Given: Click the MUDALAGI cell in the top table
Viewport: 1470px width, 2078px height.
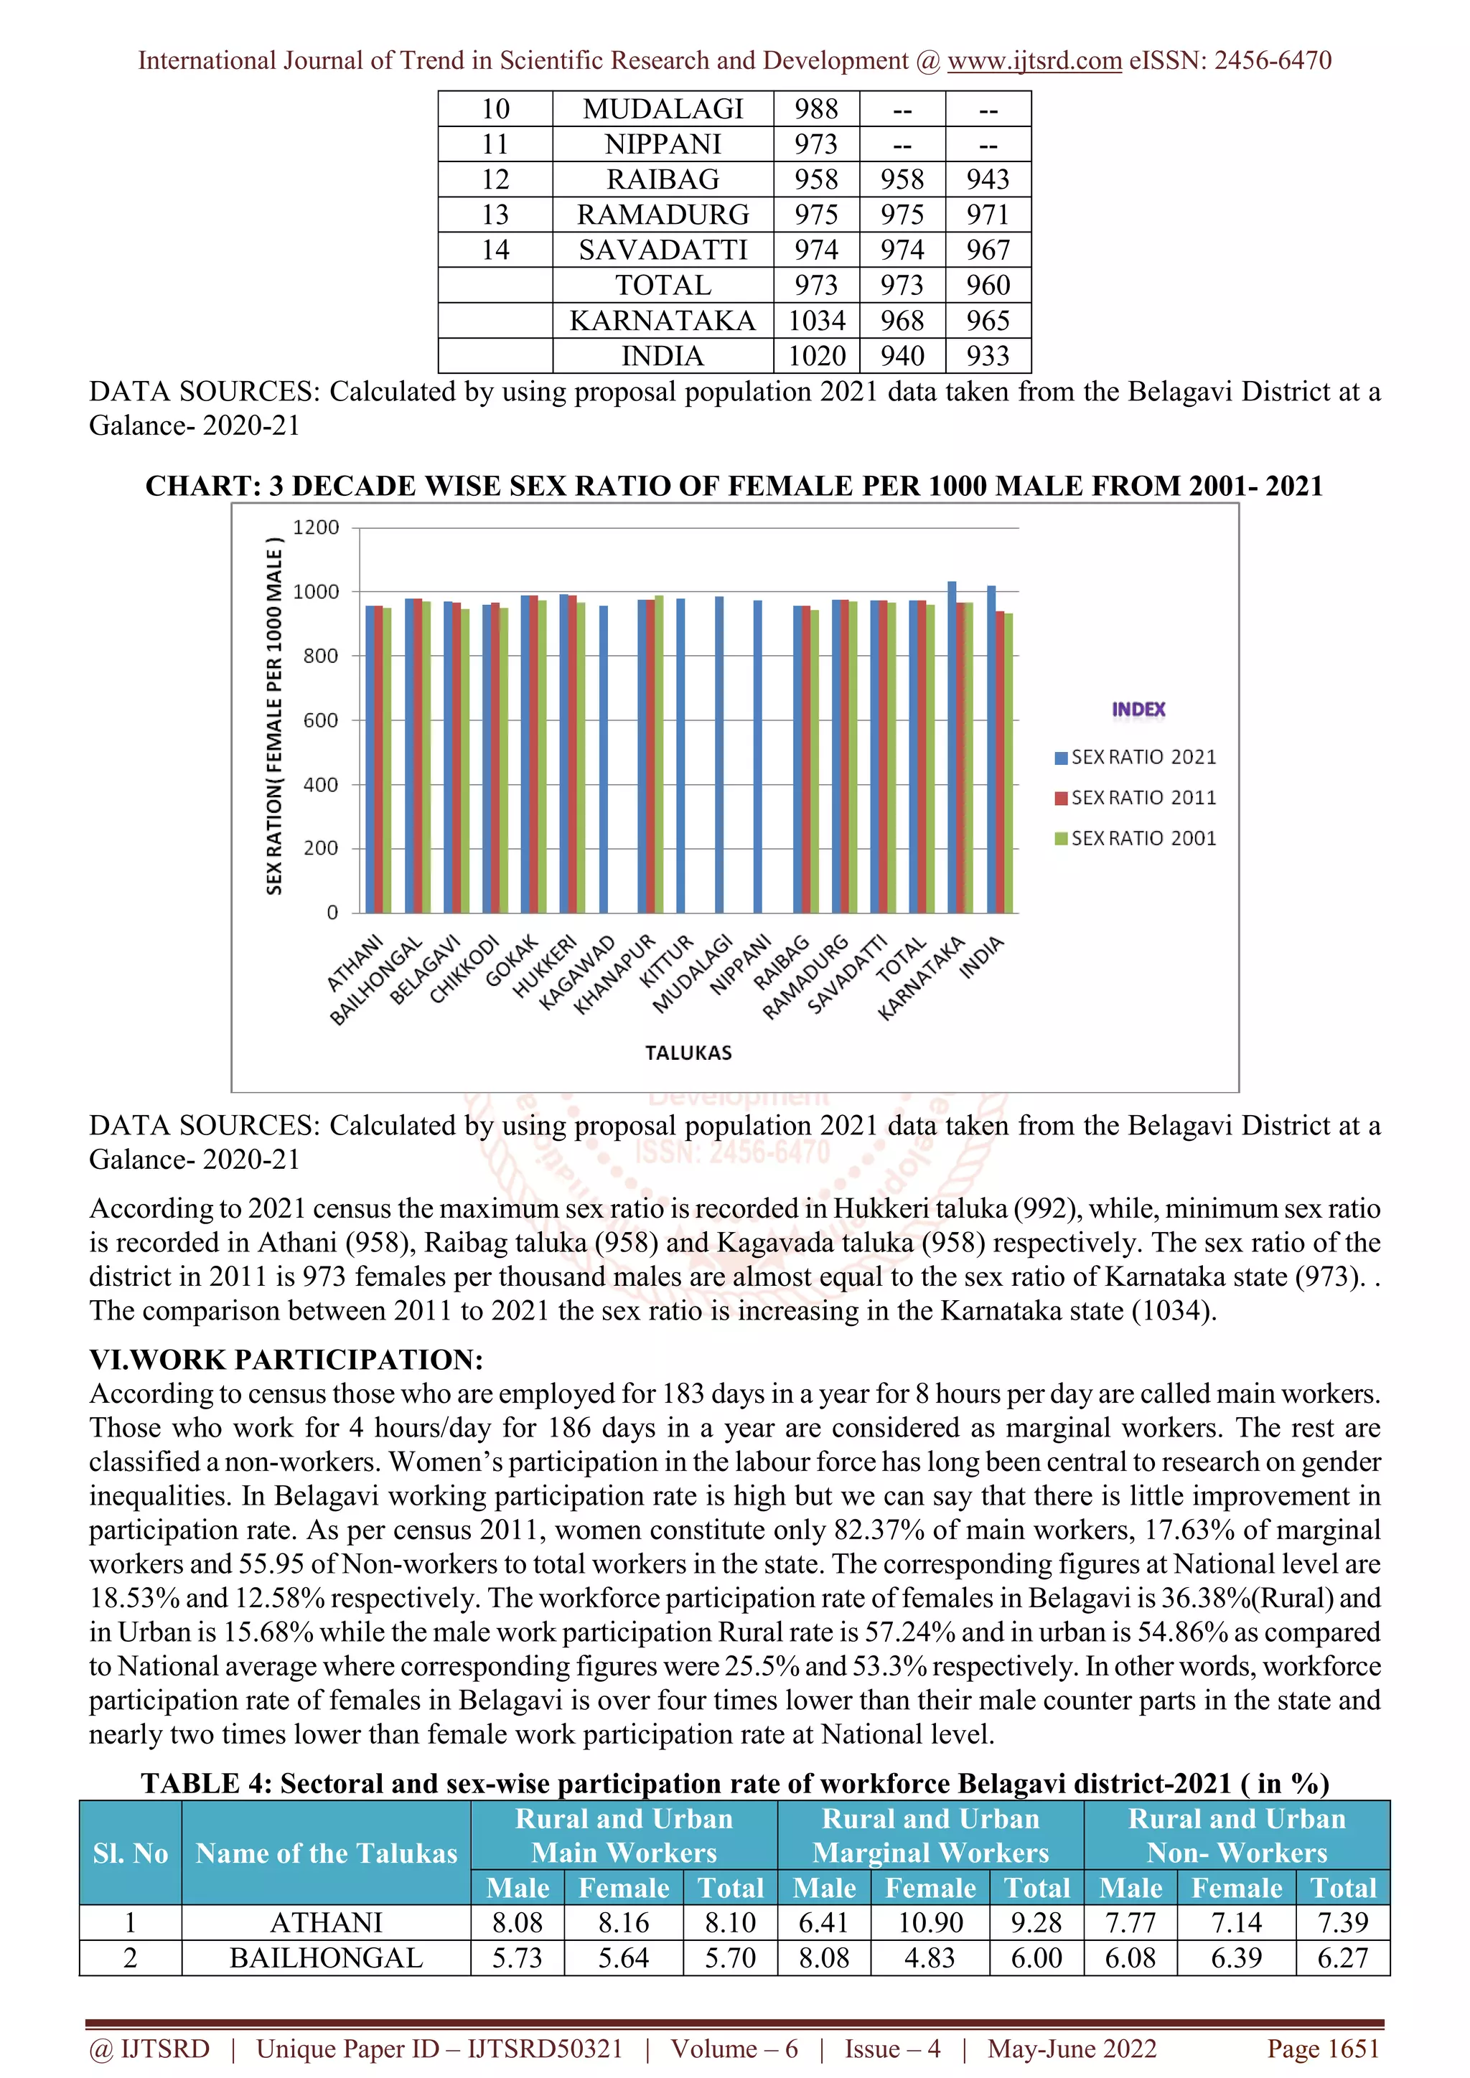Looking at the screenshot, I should point(663,108).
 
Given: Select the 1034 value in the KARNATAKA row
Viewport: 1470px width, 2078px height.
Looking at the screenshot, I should point(816,321).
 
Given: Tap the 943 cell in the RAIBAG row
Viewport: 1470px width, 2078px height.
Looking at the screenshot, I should point(988,179).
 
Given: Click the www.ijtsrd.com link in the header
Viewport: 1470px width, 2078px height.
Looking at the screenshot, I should point(1034,61).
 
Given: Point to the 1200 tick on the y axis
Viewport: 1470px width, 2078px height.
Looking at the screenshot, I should point(316,527).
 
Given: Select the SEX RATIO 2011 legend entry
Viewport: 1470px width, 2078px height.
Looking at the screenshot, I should point(1136,797).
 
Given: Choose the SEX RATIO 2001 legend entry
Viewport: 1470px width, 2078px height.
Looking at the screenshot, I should point(1136,838).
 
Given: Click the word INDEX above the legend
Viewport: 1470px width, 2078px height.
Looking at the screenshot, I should point(1138,710).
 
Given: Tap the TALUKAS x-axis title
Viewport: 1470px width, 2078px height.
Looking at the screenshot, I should point(688,1053).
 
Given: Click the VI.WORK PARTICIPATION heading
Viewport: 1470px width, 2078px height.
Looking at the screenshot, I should point(286,1360).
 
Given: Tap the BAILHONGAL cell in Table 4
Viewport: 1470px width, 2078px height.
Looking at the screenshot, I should point(326,1957).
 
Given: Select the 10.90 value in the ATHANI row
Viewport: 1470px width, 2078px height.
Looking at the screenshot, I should point(930,1922).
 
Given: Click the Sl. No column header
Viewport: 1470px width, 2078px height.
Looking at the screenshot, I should point(131,1853).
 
